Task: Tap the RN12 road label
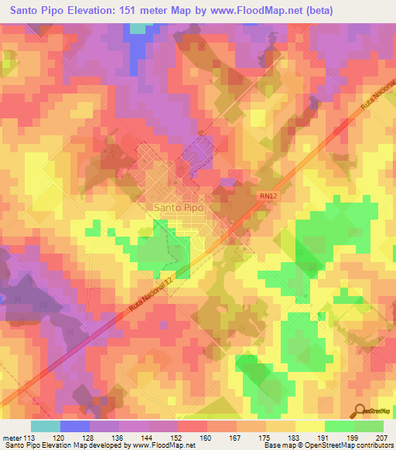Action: [268, 196]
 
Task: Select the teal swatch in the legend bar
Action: [45, 426]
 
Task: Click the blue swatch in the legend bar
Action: [74, 426]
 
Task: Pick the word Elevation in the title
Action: [92, 10]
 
